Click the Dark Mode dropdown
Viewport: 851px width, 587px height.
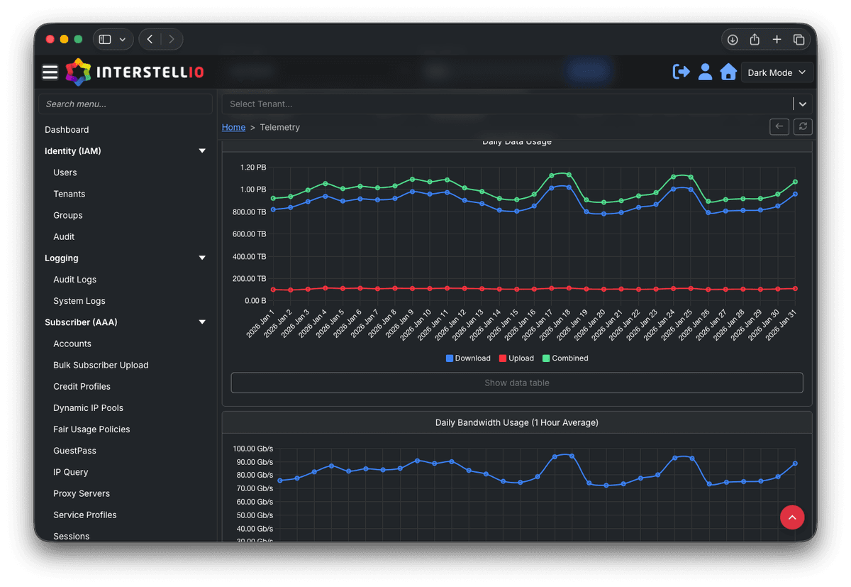pyautogui.click(x=777, y=72)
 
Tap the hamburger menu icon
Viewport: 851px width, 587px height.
pyautogui.click(x=50, y=72)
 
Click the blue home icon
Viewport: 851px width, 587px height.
pyautogui.click(x=728, y=72)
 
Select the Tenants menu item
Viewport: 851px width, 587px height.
pyautogui.click(x=69, y=194)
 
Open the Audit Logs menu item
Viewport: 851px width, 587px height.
pyautogui.click(x=74, y=280)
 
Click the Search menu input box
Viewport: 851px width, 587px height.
pyautogui.click(x=126, y=104)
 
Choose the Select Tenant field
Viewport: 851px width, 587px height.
pyautogui.click(x=506, y=104)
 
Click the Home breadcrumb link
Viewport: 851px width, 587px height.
pyautogui.click(x=233, y=127)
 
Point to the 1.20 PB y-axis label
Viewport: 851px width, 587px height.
pyautogui.click(x=252, y=168)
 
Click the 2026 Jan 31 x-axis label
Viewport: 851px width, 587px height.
pyautogui.click(x=784, y=324)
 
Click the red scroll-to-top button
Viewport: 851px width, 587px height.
pyautogui.click(x=791, y=517)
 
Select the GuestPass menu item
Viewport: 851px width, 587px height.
pyautogui.click(x=74, y=451)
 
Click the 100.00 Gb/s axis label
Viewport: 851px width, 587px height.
pyautogui.click(x=252, y=449)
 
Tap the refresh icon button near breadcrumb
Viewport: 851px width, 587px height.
pyautogui.click(x=803, y=126)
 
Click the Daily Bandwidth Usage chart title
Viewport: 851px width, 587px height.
pyautogui.click(x=516, y=422)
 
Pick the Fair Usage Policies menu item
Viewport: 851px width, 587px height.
pyautogui.click(x=91, y=429)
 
